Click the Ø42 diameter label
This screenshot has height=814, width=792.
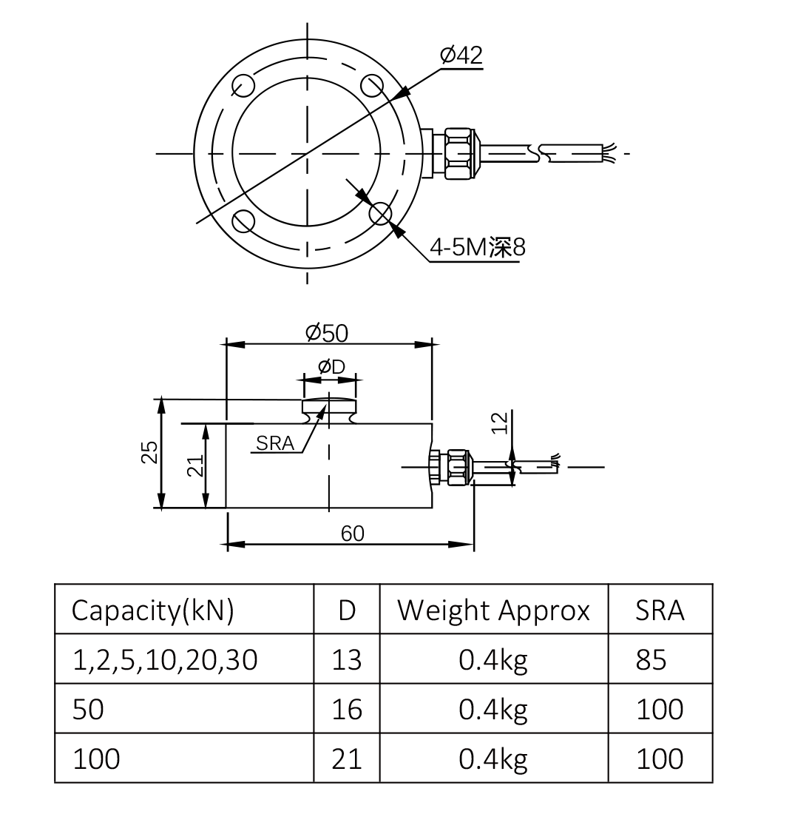click(x=461, y=55)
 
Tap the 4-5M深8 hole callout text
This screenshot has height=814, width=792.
click(x=477, y=247)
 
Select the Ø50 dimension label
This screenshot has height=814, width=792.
click(x=327, y=333)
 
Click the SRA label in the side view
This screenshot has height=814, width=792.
click(x=275, y=443)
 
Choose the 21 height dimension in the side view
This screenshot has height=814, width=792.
click(x=194, y=465)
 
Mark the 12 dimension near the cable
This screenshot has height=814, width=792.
click(x=501, y=423)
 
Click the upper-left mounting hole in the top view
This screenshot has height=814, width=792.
click(x=243, y=86)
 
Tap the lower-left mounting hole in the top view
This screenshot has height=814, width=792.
click(x=243, y=221)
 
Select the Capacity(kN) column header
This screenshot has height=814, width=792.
click(x=152, y=610)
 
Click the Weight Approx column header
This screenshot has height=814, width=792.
click(x=493, y=610)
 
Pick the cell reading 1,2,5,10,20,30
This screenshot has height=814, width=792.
click(x=165, y=659)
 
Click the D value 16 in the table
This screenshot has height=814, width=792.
click(x=347, y=710)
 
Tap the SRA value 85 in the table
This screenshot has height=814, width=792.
click(x=651, y=659)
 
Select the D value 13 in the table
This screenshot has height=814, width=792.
click(x=347, y=659)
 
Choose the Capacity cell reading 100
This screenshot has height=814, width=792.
click(x=96, y=758)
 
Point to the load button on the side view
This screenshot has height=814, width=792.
click(x=329, y=408)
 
